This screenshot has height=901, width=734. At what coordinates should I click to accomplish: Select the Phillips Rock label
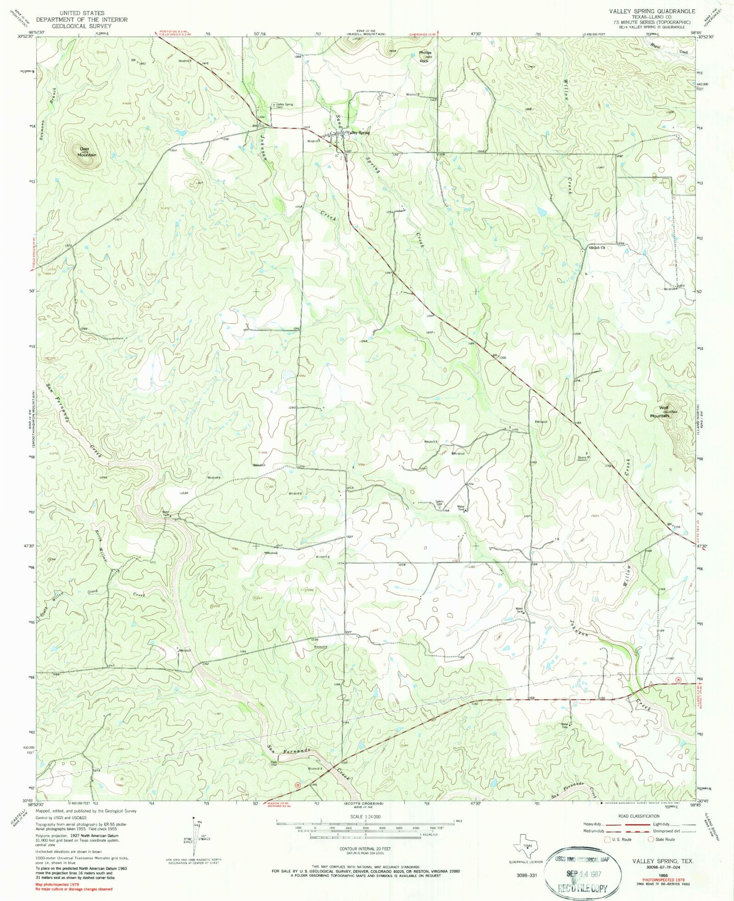click(x=424, y=56)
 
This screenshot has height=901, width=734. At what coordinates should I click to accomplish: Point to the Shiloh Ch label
click(x=597, y=248)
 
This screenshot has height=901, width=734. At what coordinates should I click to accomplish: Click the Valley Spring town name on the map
click(x=358, y=133)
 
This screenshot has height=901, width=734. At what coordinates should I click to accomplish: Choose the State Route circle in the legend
click(x=651, y=840)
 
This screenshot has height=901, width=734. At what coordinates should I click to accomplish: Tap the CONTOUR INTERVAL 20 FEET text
click(x=365, y=849)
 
